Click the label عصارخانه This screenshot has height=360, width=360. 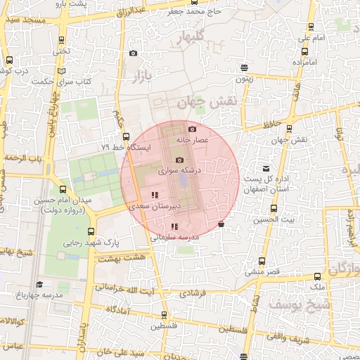[198, 141]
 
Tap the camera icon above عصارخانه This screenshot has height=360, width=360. [193, 129]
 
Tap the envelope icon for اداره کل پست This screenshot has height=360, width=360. [266, 169]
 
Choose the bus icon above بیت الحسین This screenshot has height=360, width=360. [274, 208]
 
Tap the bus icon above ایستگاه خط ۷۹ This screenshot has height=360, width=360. [126, 136]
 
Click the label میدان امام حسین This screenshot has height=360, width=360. [70, 201]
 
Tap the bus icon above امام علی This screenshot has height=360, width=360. [311, 27]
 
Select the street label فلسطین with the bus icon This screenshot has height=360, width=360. [162, 326]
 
